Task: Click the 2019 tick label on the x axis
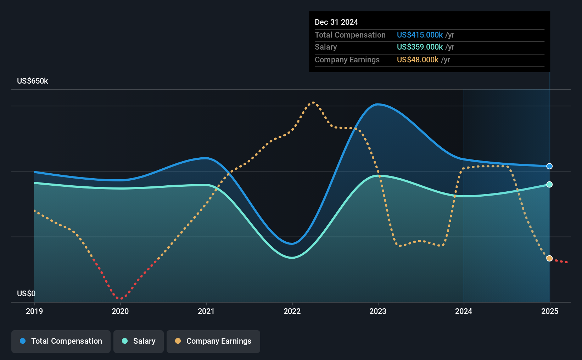pyautogui.click(x=34, y=311)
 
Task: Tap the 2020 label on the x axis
pyautogui.click(x=120, y=311)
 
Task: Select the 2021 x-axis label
pyautogui.click(x=206, y=311)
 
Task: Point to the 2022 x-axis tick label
pyautogui.click(x=292, y=311)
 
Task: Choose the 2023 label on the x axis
pyautogui.click(x=378, y=311)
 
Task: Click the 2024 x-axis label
pyautogui.click(x=464, y=311)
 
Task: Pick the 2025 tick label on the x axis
pyautogui.click(x=550, y=311)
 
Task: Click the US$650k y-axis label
pyautogui.click(x=33, y=81)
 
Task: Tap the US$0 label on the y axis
pyautogui.click(x=26, y=293)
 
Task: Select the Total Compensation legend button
pyautogui.click(x=61, y=341)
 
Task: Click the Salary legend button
pyautogui.click(x=139, y=341)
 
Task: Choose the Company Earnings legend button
pyautogui.click(x=213, y=341)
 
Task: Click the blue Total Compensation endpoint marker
pyautogui.click(x=549, y=166)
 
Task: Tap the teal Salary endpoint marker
pyautogui.click(x=549, y=184)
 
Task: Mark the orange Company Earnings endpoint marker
pyautogui.click(x=549, y=258)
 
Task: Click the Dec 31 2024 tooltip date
pyautogui.click(x=336, y=22)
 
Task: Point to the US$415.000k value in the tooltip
pyautogui.click(x=420, y=35)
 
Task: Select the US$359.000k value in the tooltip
pyautogui.click(x=420, y=47)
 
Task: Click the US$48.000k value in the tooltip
pyautogui.click(x=418, y=60)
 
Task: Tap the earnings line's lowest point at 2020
pyautogui.click(x=121, y=299)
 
